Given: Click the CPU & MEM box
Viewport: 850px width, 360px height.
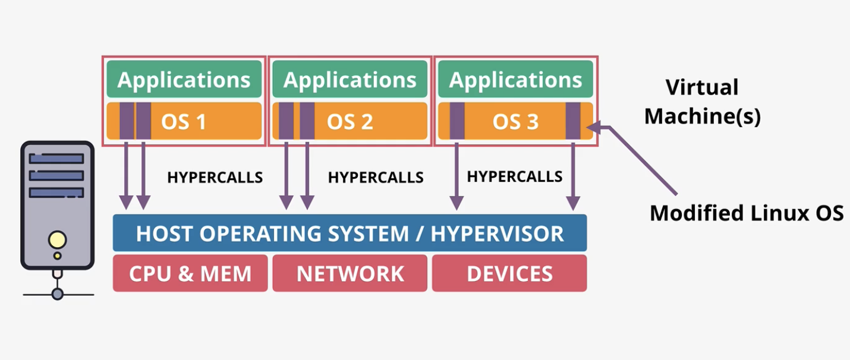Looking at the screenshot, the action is coord(190,273).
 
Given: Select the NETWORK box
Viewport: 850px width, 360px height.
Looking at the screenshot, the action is coord(350,273).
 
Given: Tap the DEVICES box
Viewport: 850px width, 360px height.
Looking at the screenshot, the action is coord(509,273).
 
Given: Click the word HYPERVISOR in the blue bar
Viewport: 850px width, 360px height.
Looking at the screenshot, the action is coord(497,233).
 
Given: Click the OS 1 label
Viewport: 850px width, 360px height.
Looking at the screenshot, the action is coord(184,122).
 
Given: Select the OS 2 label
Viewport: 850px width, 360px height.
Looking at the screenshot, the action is coord(350,122).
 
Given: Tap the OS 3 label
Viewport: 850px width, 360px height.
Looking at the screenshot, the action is coord(515,122).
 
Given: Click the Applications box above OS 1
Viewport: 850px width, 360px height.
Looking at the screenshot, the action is coord(184,79).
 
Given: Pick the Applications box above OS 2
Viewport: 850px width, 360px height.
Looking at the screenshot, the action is coord(350,79).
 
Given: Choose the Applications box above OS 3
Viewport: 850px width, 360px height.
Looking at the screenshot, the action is coord(515,79).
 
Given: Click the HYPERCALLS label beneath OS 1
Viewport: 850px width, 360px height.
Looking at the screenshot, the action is coord(215,177).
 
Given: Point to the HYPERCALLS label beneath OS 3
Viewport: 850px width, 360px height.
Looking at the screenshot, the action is coord(515,176).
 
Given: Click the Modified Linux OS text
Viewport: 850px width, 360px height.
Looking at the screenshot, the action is coord(747,213).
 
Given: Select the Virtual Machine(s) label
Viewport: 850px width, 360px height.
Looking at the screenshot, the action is coord(703,102).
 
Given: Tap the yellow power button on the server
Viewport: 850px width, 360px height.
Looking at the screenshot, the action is coord(57,240).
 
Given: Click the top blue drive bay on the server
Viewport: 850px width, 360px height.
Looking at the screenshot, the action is coord(56,158).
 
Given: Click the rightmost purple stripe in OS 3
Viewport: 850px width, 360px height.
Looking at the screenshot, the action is coord(573,121).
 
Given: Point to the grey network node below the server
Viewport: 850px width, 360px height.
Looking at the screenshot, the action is coord(57,294).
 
